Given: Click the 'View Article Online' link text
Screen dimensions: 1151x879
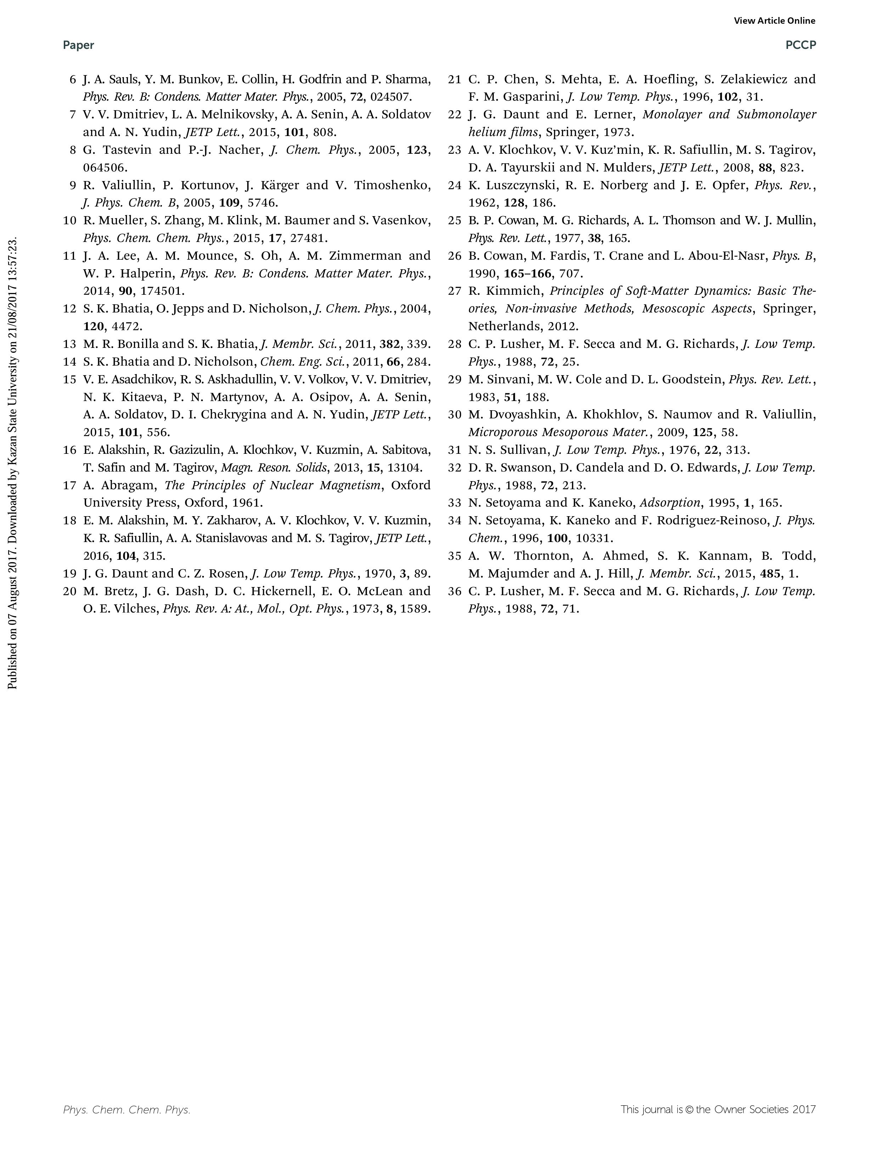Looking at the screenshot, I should tap(774, 21).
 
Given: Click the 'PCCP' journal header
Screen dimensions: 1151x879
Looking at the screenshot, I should tap(800, 45).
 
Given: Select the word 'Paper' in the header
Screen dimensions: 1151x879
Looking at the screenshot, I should tap(79, 45).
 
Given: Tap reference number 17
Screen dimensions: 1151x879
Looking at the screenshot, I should tap(69, 485).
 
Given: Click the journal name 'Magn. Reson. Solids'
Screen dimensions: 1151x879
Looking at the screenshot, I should tap(274, 468).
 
